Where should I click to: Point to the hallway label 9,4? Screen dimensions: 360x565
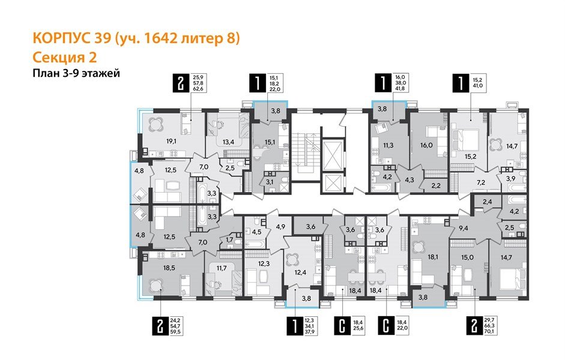click(x=463, y=228)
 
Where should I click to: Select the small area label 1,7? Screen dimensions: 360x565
click(x=229, y=241)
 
